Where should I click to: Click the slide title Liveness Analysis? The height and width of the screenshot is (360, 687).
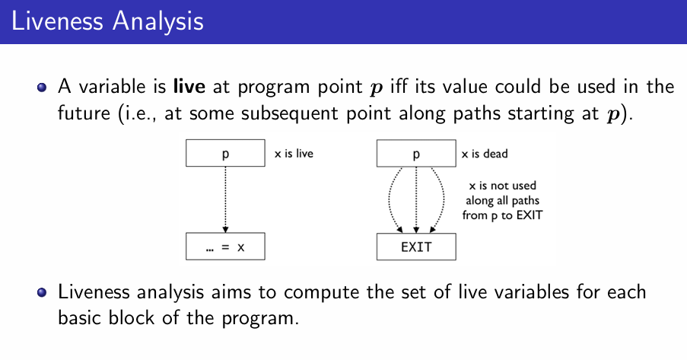click(x=107, y=21)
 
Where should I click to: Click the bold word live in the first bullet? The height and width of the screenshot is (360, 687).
click(x=189, y=86)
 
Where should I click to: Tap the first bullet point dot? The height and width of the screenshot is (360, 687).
click(x=42, y=88)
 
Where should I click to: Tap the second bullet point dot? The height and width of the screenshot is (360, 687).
click(x=42, y=292)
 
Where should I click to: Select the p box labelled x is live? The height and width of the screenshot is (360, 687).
click(x=225, y=153)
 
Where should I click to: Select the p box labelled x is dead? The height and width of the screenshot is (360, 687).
click(x=416, y=154)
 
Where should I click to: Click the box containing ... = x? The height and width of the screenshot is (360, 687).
click(x=225, y=247)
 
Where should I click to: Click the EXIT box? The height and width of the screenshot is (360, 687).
click(x=416, y=247)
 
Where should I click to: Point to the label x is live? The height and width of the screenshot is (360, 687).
click(x=294, y=154)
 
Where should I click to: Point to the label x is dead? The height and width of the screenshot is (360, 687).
click(x=485, y=154)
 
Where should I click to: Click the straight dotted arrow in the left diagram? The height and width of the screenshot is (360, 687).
click(x=225, y=199)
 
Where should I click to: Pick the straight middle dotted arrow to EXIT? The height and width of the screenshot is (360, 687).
click(x=416, y=200)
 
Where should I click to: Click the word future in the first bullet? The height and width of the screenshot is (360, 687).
click(x=84, y=113)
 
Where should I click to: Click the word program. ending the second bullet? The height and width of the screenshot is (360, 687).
click(x=260, y=319)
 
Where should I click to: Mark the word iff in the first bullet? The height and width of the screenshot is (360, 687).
click(x=399, y=86)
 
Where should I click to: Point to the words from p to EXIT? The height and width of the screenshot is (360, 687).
click(x=503, y=215)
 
